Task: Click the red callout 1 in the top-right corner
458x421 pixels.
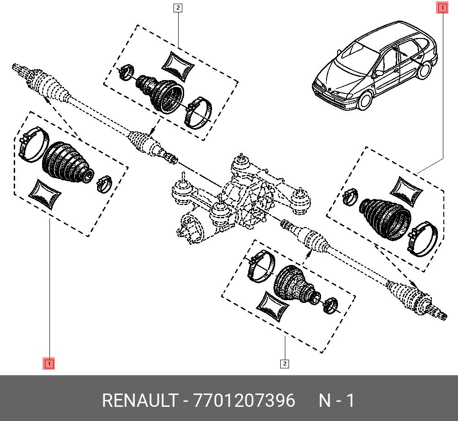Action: (x=442, y=7)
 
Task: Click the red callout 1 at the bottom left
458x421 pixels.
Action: (x=49, y=363)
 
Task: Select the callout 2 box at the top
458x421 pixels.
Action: (x=178, y=8)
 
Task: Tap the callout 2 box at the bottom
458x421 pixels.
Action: (x=284, y=364)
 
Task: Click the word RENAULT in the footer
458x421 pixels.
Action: (x=140, y=400)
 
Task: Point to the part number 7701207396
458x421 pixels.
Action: (x=245, y=400)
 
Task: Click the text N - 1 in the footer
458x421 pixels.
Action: (x=337, y=400)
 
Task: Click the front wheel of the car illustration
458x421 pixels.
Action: (x=365, y=100)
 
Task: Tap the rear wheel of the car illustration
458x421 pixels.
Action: (x=425, y=70)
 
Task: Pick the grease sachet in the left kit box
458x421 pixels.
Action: (x=44, y=194)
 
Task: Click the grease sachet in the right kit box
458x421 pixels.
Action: (x=406, y=191)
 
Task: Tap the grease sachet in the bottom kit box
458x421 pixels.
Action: (x=273, y=307)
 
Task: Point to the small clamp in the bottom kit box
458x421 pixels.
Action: (x=330, y=305)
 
